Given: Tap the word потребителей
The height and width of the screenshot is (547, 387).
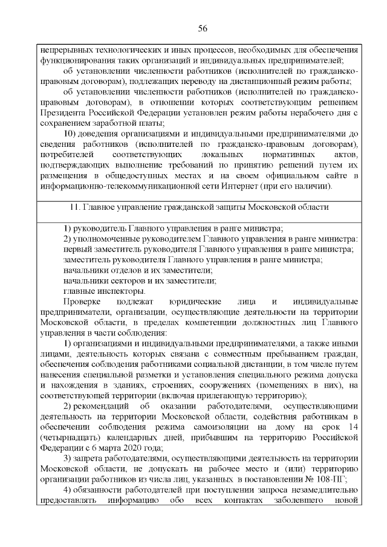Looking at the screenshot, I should click(68, 154).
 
